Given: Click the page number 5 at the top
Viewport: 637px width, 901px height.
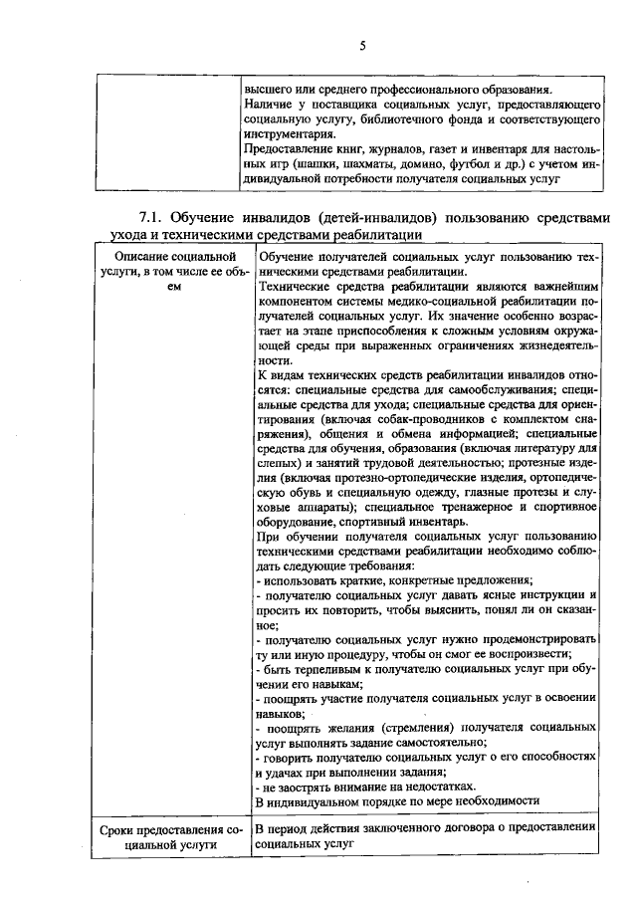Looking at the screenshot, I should (363, 45).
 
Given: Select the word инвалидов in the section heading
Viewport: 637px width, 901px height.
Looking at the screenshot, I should (278, 218).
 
